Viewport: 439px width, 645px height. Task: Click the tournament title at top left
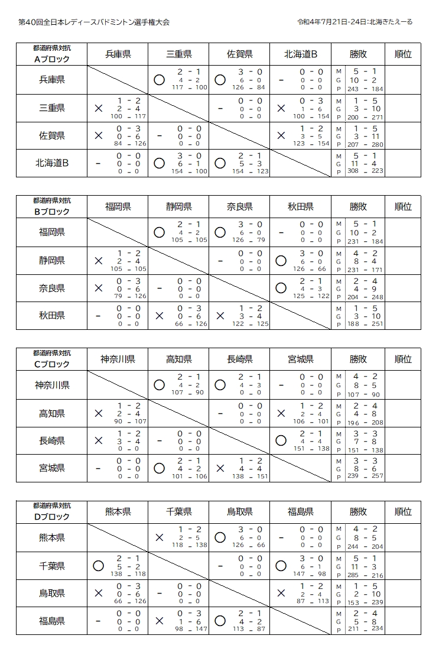coord(94,22)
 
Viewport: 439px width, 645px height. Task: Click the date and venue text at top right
coord(355,22)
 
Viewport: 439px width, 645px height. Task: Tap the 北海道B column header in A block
coord(301,54)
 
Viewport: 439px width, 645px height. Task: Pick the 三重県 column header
coord(178,54)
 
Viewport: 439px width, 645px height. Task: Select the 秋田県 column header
coord(301,207)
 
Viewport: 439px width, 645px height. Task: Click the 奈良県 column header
coord(239,207)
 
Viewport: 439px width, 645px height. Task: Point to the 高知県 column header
coord(178,359)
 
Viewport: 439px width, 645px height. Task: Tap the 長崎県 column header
coord(239,359)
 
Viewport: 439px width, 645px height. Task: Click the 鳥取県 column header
coord(239,512)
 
